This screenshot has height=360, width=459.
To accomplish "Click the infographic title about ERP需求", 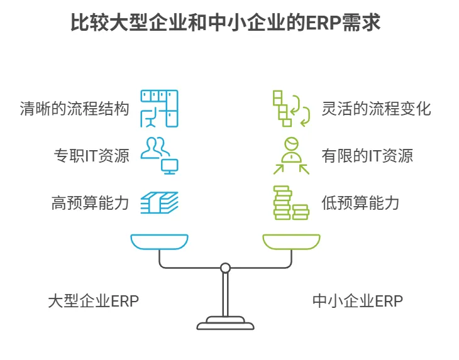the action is (x=225, y=22).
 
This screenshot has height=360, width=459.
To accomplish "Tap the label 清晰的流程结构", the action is (x=74, y=109).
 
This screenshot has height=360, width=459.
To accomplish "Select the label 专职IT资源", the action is (x=91, y=156).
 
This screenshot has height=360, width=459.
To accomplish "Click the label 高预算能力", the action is (x=90, y=203).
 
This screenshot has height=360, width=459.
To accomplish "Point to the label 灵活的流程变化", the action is (x=376, y=109).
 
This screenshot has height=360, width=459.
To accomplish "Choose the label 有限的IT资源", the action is (x=367, y=156).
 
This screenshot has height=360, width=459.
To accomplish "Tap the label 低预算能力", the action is (x=360, y=203).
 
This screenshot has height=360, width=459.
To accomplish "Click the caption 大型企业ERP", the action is (x=94, y=301).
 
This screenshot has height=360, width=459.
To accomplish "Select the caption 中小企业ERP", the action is (x=358, y=301).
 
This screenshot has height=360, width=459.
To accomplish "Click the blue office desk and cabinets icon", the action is (x=159, y=109).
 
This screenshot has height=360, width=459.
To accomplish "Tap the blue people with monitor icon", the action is (x=159, y=156).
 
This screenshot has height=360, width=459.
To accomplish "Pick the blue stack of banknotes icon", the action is (x=159, y=203).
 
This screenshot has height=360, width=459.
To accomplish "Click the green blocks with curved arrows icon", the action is (x=291, y=109).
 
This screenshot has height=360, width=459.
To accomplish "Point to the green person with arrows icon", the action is (x=291, y=156).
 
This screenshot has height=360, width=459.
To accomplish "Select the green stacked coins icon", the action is (x=291, y=203).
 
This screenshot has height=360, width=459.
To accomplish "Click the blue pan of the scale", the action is (x=159, y=242).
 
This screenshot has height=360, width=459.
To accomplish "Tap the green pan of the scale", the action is (x=291, y=242).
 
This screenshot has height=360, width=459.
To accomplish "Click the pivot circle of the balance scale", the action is (x=225, y=268).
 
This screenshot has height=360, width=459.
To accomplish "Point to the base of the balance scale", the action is (x=225, y=323).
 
